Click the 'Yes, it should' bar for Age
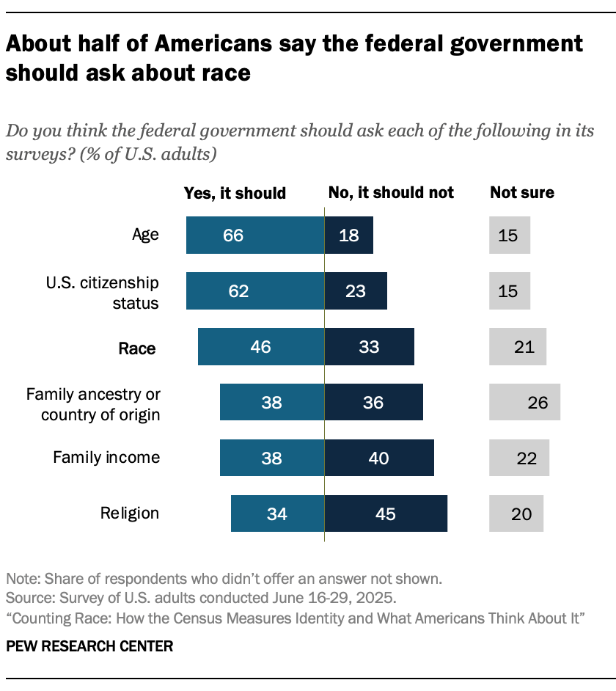pos(254,235)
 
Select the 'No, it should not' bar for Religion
pos(386,513)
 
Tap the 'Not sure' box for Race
pos(518,347)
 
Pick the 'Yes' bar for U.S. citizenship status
pos(254,291)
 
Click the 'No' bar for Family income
pos(379,458)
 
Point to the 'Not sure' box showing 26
pos(524,402)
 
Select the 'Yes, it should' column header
pos(234,193)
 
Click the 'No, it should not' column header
pos(391,193)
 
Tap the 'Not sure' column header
pos(522,193)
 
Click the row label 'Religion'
pos(130,513)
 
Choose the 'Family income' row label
pos(106,458)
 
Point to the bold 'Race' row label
pos(137,348)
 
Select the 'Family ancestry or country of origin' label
pos(93,403)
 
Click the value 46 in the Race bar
pos(260,347)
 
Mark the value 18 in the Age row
pos(348,235)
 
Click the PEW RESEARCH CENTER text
pos(89,646)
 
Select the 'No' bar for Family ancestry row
pos(373,402)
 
